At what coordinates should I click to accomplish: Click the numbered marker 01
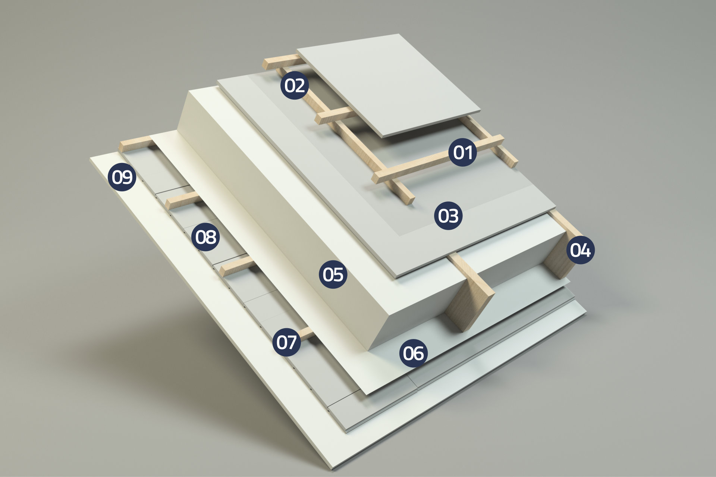click(x=462, y=152)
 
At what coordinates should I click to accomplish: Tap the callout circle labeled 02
click(x=295, y=85)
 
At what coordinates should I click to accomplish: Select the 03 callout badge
click(x=448, y=216)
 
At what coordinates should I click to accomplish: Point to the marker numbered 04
click(x=580, y=250)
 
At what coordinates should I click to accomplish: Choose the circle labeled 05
click(x=333, y=274)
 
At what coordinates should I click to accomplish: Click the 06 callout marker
click(x=414, y=353)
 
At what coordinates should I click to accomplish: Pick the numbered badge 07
click(x=286, y=342)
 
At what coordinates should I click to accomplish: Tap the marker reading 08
click(x=205, y=237)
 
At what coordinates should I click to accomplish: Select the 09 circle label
click(x=122, y=177)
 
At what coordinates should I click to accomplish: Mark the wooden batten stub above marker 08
click(x=183, y=201)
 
